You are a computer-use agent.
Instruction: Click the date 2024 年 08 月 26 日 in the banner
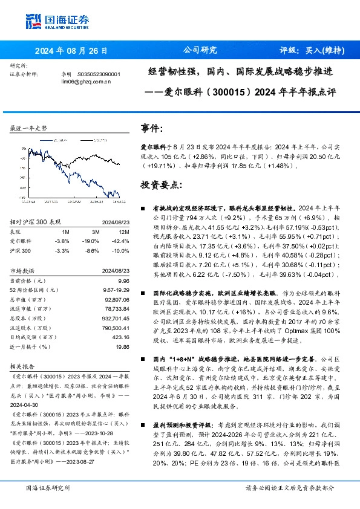[x=71, y=51]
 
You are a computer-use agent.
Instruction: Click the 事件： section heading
[x=152, y=129]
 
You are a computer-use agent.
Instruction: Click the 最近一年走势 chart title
[x=29, y=129]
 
